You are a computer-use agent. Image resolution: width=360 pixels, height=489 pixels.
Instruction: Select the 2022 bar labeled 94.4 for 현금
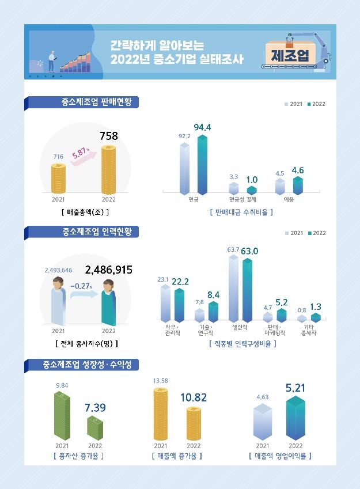point(202,164)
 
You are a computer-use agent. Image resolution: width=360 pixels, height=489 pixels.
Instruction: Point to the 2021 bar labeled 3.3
point(233,188)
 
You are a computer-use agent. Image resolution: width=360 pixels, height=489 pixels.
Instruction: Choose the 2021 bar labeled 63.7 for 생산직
point(233,288)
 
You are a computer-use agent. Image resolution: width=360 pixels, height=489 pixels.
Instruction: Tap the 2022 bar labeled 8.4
point(213,311)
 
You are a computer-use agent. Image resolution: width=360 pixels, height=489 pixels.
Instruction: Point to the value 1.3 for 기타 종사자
point(316,306)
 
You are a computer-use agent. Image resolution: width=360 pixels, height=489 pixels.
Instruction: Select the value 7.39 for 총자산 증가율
point(95,408)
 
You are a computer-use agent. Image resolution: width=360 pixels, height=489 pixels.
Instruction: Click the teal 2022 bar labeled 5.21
point(295,419)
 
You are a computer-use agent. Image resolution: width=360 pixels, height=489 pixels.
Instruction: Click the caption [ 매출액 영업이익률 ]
point(280,456)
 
